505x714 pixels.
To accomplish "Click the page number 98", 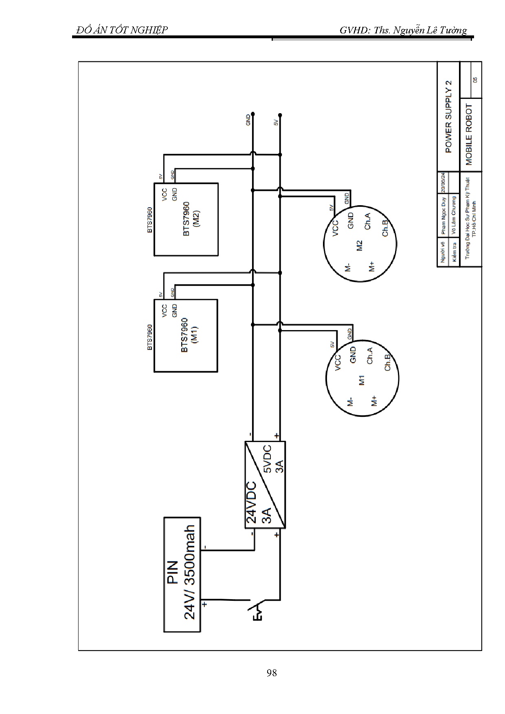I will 272,673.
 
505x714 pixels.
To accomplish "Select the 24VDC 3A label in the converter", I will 258,503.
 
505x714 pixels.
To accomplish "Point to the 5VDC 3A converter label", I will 273,459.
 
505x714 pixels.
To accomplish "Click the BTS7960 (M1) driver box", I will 186,335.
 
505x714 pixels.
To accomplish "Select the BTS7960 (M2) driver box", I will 186,219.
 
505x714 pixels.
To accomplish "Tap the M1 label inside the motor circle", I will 362,381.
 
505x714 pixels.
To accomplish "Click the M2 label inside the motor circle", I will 359,245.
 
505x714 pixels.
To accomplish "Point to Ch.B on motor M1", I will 387,362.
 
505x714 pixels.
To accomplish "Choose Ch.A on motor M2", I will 367,221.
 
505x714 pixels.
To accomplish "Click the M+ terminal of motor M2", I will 371,267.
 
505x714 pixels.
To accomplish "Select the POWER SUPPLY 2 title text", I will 448,116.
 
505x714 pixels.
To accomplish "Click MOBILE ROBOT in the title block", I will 469,135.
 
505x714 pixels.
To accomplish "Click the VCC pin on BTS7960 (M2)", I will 164,195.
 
